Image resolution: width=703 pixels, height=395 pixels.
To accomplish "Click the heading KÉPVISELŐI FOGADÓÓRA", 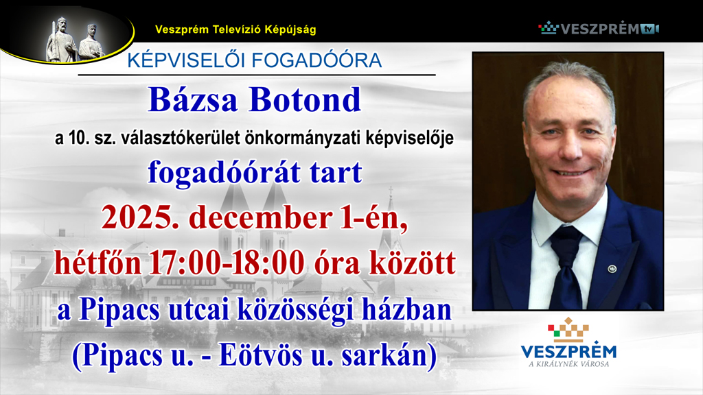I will click(x=254, y=61).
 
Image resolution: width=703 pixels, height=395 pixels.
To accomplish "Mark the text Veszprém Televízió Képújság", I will click(x=235, y=29).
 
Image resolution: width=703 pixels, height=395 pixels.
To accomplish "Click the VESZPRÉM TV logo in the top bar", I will click(x=598, y=28).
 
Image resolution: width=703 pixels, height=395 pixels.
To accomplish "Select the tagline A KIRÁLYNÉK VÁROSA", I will click(x=568, y=363).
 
